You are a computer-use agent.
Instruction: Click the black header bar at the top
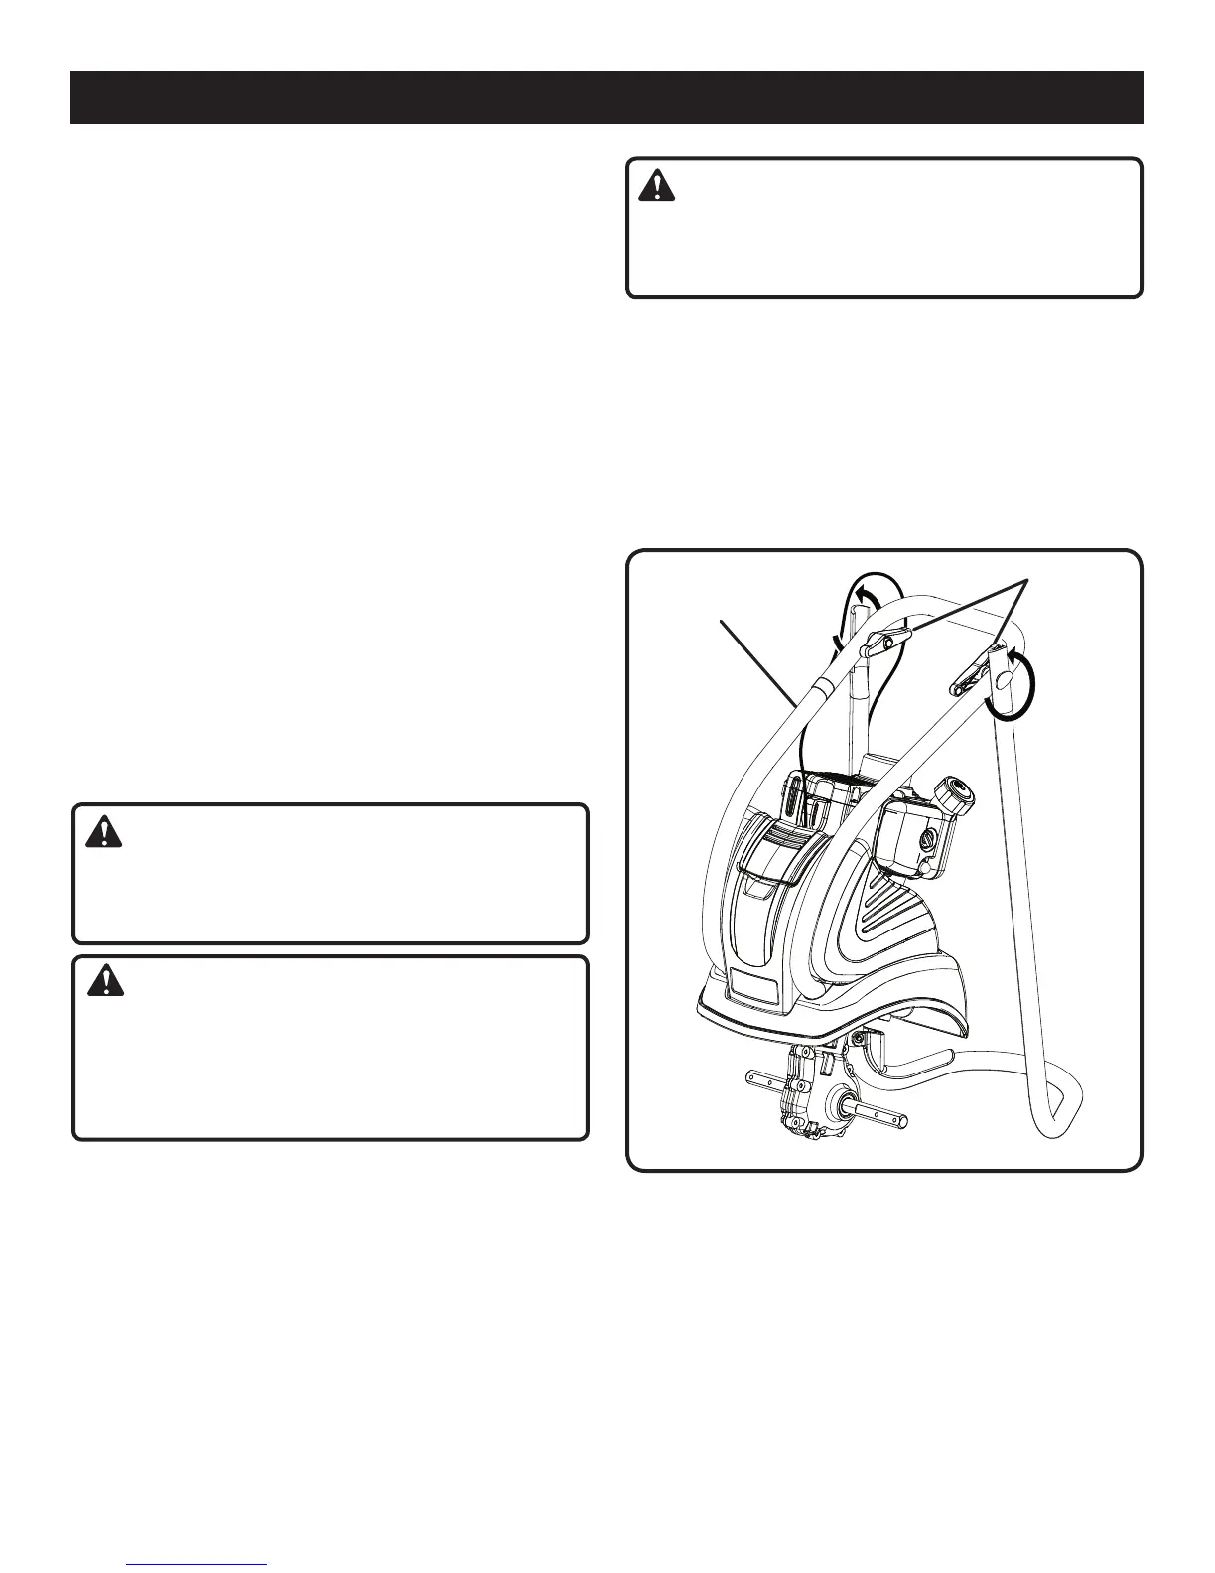[607, 97]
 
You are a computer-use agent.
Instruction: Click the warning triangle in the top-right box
[655, 186]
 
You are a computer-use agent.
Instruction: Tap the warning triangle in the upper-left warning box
[101, 831]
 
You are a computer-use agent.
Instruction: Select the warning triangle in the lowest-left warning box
[101, 982]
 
